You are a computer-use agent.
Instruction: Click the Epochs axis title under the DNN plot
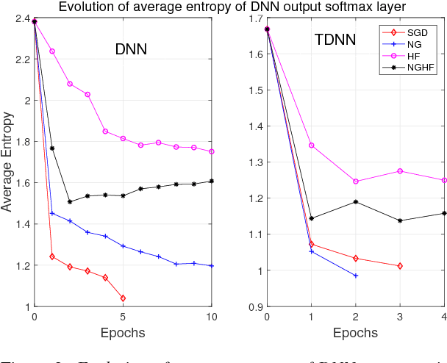point(123,332)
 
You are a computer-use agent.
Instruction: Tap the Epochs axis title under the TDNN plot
point(355,332)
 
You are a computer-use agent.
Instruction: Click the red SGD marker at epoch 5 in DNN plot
point(123,298)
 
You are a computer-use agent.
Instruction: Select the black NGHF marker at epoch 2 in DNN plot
point(70,201)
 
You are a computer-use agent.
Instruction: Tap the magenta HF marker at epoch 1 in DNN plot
point(52,51)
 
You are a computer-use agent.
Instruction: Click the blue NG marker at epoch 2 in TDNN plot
point(356,276)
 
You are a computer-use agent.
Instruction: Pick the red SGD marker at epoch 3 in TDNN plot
point(400,265)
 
